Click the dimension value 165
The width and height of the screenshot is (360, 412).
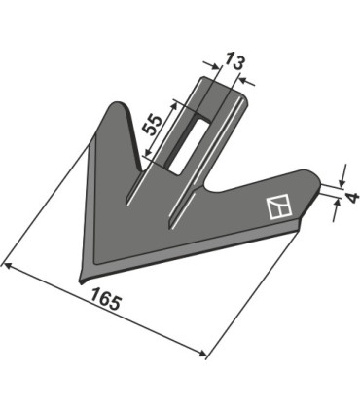click(x=106, y=303)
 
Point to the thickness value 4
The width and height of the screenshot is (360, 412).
click(x=352, y=198)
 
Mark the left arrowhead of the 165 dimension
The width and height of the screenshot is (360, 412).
click(x=6, y=263)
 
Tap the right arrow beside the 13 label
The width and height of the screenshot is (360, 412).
click(x=244, y=82)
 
